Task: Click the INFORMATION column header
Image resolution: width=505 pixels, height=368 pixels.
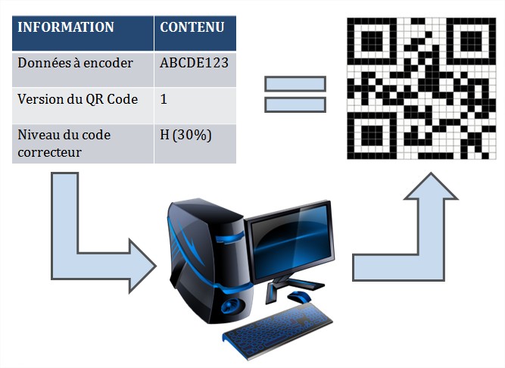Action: click(66, 28)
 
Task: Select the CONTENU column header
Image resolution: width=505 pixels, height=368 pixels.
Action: click(192, 28)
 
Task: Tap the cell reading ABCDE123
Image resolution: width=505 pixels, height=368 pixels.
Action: click(194, 64)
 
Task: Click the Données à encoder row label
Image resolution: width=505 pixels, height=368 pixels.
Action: click(75, 64)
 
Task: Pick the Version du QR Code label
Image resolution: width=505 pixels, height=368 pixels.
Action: click(77, 99)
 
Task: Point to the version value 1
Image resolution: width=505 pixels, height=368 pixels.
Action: click(164, 99)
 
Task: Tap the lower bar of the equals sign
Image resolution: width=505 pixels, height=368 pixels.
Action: click(295, 104)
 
